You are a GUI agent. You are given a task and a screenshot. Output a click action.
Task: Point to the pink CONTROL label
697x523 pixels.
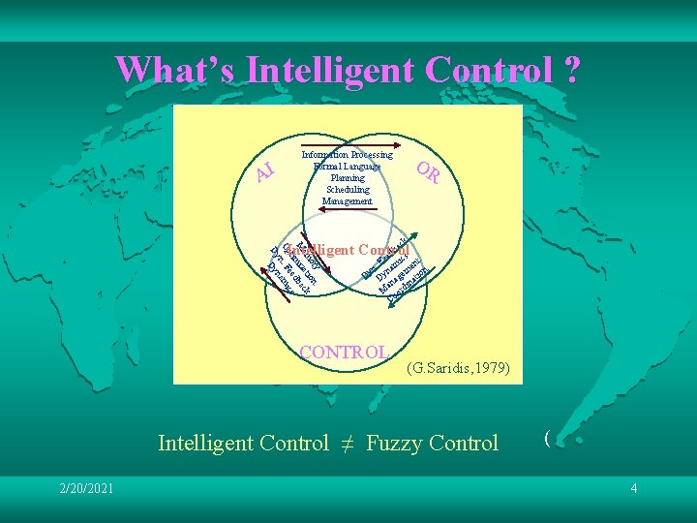pos(345,352)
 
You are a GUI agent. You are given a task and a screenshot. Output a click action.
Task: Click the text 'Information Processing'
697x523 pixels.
pos(348,155)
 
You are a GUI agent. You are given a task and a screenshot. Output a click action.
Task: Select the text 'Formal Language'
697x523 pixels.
pos(348,167)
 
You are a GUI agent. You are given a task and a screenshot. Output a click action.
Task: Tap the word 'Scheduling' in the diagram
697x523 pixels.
pos(348,190)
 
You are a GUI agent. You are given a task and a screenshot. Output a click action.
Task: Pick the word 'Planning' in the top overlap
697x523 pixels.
pos(348,178)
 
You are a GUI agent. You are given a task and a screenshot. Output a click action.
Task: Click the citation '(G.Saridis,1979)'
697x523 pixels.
pos(456,368)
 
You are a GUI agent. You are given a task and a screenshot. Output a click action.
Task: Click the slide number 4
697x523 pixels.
pos(634,488)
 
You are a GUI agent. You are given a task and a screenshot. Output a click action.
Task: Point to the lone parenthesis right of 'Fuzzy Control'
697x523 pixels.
pos(547,438)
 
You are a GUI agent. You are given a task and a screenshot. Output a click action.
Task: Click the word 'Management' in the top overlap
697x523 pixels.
pos(348,201)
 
